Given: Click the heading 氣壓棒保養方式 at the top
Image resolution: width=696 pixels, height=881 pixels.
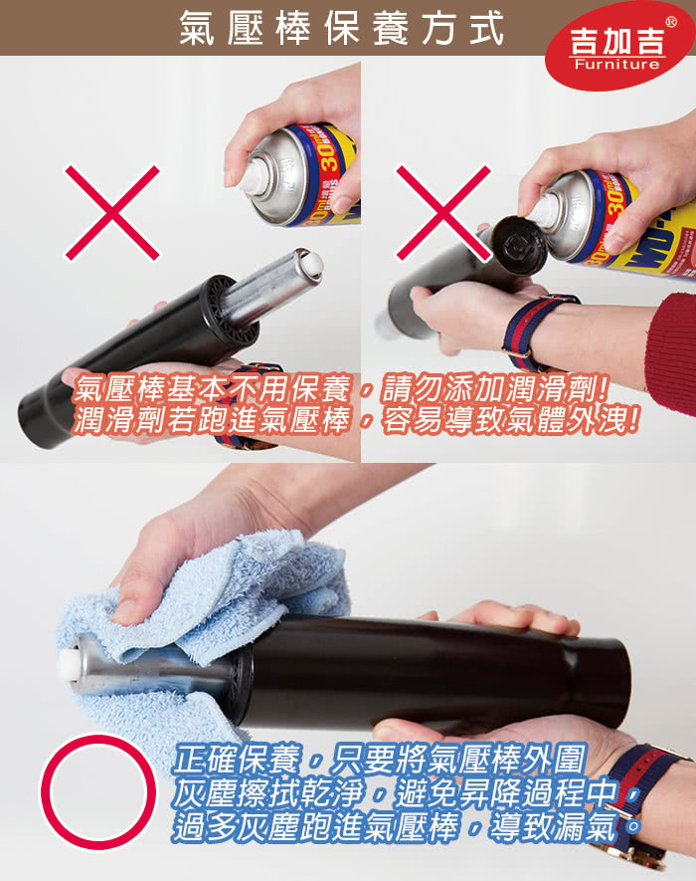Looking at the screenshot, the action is pos(341,28).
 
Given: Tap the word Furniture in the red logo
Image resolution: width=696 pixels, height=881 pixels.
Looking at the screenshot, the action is pos(616,64).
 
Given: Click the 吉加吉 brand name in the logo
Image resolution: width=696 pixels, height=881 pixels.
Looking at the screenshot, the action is pos(617,40).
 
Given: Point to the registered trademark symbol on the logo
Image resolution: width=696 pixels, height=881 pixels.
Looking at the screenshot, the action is pos(671,22).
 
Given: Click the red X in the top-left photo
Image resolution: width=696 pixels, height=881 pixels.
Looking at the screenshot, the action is pos(112,212).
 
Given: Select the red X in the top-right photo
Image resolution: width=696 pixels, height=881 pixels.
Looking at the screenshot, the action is pos(443,212).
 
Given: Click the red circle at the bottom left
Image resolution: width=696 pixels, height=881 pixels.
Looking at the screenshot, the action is pos(97,791).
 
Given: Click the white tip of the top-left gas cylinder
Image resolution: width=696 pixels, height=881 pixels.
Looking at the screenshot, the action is pos(310,264).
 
